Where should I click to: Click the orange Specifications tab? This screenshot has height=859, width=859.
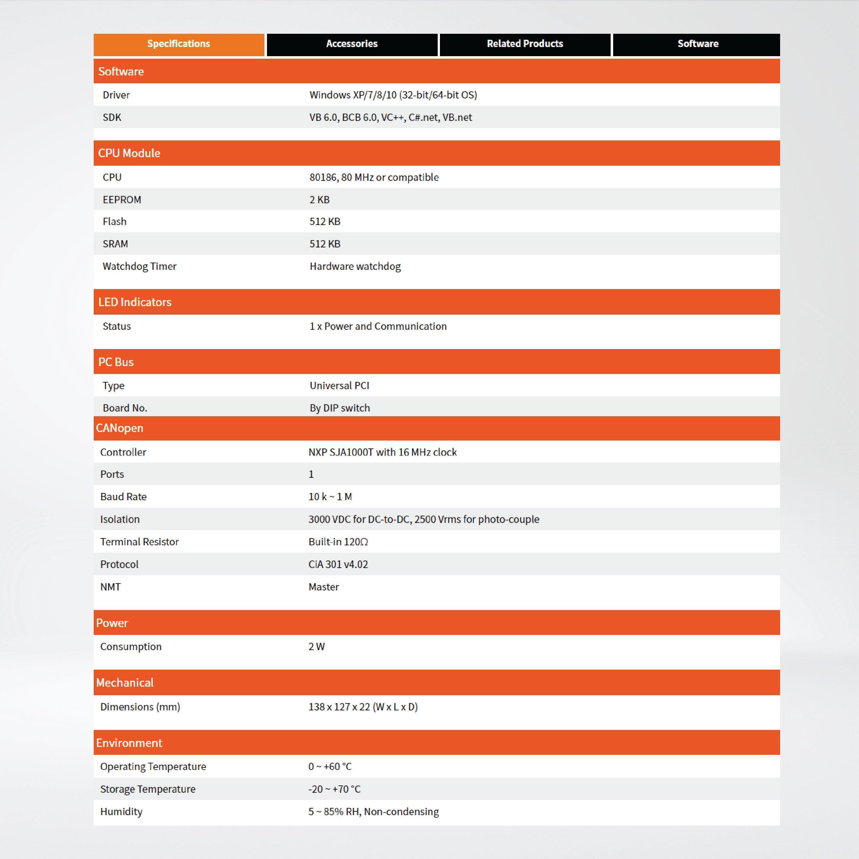pyautogui.click(x=178, y=44)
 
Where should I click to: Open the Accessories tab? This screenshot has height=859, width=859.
pyautogui.click(x=352, y=44)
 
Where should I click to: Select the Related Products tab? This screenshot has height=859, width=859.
pyautogui.click(x=525, y=44)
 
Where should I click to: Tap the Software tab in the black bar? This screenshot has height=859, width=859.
pyautogui.click(x=698, y=44)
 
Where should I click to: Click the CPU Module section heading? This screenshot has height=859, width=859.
pyautogui.click(x=129, y=153)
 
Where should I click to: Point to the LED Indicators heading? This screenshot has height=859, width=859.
pyautogui.click(x=135, y=302)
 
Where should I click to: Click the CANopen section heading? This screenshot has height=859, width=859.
pyautogui.click(x=120, y=428)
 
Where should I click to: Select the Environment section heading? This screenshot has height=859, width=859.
pyautogui.click(x=129, y=743)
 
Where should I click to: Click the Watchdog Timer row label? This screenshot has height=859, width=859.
pyautogui.click(x=139, y=266)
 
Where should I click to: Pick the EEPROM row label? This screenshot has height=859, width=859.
pyautogui.click(x=122, y=200)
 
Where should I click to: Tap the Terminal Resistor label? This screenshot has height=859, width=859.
pyautogui.click(x=139, y=542)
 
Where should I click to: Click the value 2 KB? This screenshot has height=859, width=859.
pyautogui.click(x=319, y=200)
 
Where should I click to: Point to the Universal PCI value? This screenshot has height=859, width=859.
pyautogui.click(x=339, y=386)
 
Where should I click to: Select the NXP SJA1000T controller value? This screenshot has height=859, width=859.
pyautogui.click(x=382, y=452)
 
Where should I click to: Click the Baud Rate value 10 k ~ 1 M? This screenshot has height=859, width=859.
pyautogui.click(x=330, y=497)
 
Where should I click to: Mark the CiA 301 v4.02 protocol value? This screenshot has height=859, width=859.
pyautogui.click(x=338, y=564)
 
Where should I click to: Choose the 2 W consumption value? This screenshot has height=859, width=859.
pyautogui.click(x=317, y=647)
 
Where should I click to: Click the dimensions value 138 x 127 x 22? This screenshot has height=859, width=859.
pyautogui.click(x=363, y=707)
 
